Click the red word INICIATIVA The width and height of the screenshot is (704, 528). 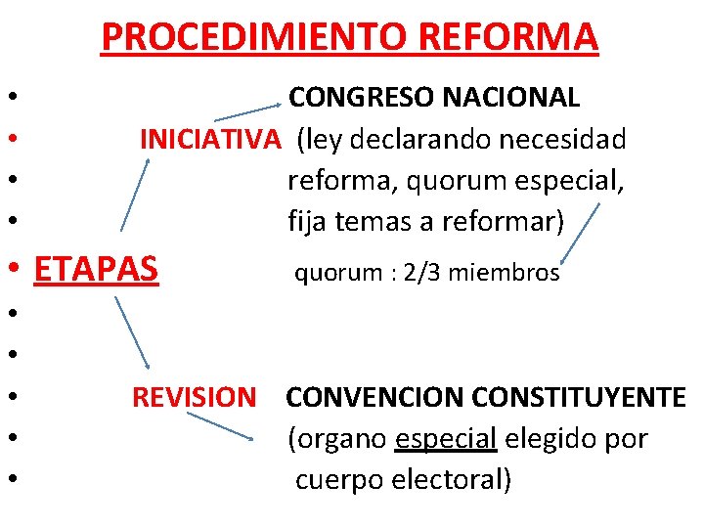point(209,140)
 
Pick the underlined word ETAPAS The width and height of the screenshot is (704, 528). point(96,267)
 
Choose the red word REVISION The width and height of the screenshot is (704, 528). point(194,398)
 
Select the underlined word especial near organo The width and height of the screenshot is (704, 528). point(446,439)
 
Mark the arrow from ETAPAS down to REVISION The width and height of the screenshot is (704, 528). point(131,332)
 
